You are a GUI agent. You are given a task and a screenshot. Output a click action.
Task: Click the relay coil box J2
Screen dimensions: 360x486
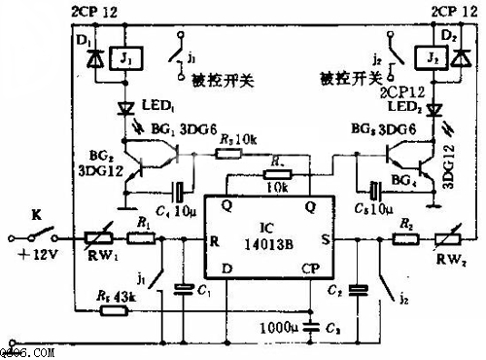click(428, 58)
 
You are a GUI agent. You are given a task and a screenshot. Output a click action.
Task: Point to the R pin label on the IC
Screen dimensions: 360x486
click(213, 238)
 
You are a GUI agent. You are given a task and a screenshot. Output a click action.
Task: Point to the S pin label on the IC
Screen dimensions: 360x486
click(324, 238)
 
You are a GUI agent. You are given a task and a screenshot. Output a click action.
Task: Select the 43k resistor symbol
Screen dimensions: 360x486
click(115, 310)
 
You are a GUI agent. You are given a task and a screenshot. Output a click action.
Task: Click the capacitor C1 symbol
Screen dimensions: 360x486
click(182, 288)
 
